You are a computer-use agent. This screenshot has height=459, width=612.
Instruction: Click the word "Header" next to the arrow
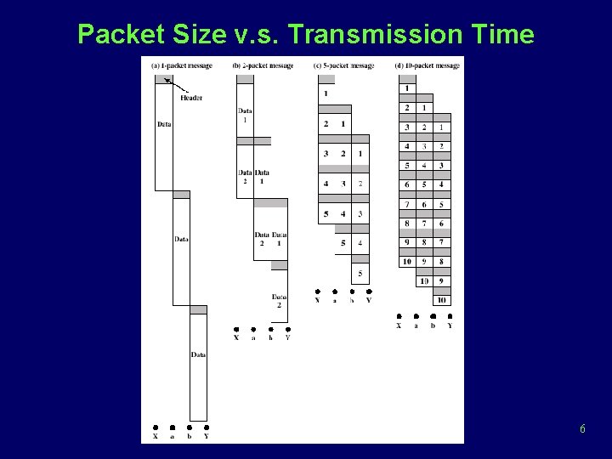[191, 98]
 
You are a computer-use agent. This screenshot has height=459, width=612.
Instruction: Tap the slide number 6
[582, 429]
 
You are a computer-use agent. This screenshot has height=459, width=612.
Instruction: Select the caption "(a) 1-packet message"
[182, 65]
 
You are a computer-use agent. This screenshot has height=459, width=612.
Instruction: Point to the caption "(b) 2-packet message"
[263, 65]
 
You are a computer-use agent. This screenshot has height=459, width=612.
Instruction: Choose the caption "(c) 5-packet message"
[343, 65]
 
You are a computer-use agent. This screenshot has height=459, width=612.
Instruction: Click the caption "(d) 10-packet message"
[428, 65]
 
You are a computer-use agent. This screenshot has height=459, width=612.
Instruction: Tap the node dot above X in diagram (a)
[155, 428]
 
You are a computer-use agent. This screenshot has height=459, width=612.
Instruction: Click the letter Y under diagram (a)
[207, 437]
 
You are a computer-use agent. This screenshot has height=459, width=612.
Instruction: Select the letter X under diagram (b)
[236, 337]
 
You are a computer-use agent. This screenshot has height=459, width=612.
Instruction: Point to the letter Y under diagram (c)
[369, 300]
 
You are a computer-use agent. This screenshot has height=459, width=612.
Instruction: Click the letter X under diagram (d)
[399, 326]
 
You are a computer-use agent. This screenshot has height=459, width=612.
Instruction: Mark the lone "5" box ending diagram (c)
[360, 273]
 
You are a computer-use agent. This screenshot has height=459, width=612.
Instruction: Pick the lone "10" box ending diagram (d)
[442, 299]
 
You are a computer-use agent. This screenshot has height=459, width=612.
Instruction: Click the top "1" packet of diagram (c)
[326, 93]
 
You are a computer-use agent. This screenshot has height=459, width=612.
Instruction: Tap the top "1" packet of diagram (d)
[407, 88]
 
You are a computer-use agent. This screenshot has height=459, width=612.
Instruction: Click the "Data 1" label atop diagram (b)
[245, 115]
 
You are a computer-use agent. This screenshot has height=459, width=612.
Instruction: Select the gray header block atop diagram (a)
[163, 79]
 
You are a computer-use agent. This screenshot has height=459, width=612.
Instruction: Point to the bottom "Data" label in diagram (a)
[198, 354]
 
